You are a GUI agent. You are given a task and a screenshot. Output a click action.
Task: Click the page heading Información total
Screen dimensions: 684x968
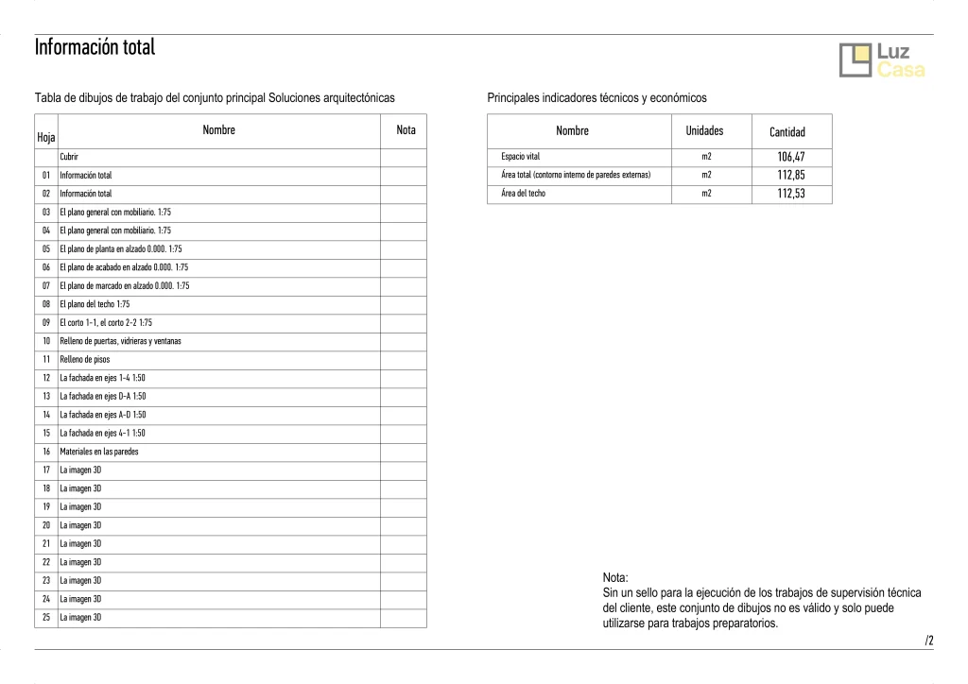pyautogui.click(x=95, y=47)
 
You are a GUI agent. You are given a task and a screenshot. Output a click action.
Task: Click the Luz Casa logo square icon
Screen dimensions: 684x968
pyautogui.click(x=856, y=60)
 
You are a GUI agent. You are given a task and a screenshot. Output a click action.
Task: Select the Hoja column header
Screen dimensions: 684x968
pyautogui.click(x=45, y=138)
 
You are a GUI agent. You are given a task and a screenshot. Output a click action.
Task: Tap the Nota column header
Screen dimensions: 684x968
pyautogui.click(x=406, y=130)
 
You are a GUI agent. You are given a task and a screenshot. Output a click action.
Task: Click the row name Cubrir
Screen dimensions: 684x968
pyautogui.click(x=69, y=157)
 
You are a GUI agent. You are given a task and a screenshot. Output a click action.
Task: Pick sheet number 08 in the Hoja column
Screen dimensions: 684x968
pyautogui.click(x=45, y=304)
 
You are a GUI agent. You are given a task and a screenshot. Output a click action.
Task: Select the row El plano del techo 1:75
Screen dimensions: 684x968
pyautogui.click(x=95, y=304)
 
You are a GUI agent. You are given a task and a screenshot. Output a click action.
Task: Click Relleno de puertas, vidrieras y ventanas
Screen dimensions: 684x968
pyautogui.click(x=120, y=341)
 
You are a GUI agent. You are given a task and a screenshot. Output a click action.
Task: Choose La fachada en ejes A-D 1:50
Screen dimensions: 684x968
pyautogui.click(x=103, y=415)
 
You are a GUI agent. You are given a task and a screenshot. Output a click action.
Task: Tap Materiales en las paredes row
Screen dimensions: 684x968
pyautogui.click(x=98, y=452)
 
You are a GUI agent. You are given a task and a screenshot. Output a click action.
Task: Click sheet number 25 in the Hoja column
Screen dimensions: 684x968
pyautogui.click(x=45, y=618)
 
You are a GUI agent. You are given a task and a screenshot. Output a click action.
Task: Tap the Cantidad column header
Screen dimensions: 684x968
pyautogui.click(x=786, y=132)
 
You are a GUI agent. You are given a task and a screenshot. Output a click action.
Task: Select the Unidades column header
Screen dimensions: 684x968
pyautogui.click(x=704, y=131)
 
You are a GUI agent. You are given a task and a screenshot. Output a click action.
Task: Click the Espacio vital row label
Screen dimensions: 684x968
pyautogui.click(x=520, y=157)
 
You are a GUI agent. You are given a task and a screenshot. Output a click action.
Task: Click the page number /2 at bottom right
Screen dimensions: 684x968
pyautogui.click(x=929, y=641)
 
